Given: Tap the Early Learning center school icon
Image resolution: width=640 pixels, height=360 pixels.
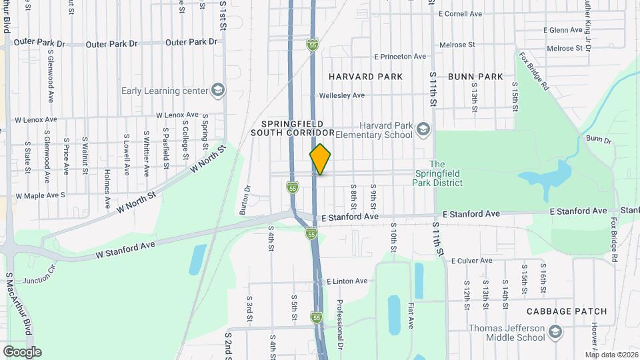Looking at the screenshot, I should [218, 91].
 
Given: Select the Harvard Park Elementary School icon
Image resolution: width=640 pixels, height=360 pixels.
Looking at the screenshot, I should [422, 128].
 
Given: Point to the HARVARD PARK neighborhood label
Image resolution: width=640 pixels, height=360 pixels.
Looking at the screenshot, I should [365, 77].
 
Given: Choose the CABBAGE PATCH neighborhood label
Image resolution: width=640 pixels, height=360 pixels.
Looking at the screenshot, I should [566, 311].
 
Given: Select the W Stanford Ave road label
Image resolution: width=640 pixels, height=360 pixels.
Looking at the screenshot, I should [125, 249].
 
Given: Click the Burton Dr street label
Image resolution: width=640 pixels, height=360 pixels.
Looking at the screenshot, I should [245, 199].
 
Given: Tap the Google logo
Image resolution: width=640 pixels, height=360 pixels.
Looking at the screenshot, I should [22, 352].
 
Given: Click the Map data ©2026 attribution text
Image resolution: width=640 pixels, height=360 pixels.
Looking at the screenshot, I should [611, 355].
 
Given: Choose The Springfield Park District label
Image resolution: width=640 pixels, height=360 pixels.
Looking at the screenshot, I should [437, 173].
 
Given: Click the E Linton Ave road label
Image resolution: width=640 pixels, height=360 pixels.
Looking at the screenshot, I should [346, 281].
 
